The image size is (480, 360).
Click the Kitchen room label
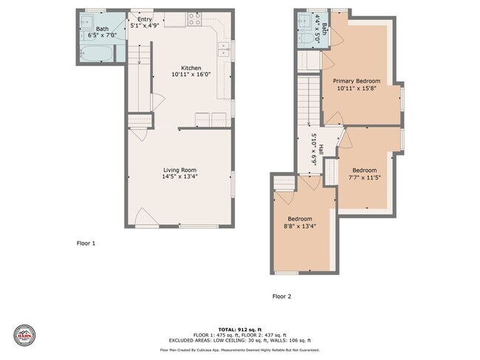pyautogui.click(x=186, y=68)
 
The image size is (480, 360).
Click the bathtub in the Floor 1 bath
pyautogui.click(x=96, y=54)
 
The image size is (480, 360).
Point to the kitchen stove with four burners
pyautogui.click(x=195, y=19)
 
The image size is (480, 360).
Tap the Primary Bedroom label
pyautogui.click(x=356, y=81)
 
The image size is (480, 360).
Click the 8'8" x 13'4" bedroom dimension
pyautogui.click(x=299, y=226)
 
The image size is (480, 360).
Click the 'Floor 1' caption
pyautogui.click(x=86, y=243)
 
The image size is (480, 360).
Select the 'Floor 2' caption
pyautogui.click(x=282, y=297)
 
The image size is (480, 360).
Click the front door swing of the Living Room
pyautogui.click(x=145, y=217)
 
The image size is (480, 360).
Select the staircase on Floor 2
pyautogui.click(x=309, y=97)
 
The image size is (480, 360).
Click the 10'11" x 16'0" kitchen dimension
pyautogui.click(x=186, y=75)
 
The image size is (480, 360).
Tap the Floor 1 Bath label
pyautogui.click(x=101, y=29)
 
